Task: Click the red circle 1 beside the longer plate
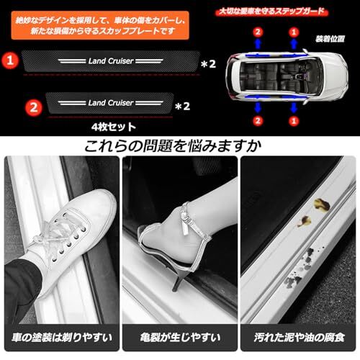pyautogui.click(x=10, y=60)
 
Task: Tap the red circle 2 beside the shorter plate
pyautogui.click(x=34, y=107)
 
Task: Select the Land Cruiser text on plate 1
pyautogui.click(x=111, y=61)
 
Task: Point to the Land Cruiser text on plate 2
pyautogui.click(x=111, y=103)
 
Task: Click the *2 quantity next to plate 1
pyautogui.click(x=208, y=64)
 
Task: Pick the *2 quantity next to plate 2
pyautogui.click(x=183, y=107)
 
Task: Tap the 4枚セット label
pyautogui.click(x=114, y=127)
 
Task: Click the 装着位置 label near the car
pyautogui.click(x=330, y=39)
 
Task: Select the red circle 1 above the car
pyautogui.click(x=294, y=32)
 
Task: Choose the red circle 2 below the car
pyautogui.click(x=258, y=121)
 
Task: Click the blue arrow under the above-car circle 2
pyautogui.click(x=258, y=45)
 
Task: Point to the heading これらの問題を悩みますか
pyautogui.click(x=173, y=146)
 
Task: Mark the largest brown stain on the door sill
pyautogui.click(x=322, y=205)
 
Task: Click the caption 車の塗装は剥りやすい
pyautogui.click(x=62, y=337)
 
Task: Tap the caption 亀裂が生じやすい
pyautogui.click(x=180, y=337)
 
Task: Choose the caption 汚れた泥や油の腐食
pyautogui.click(x=299, y=337)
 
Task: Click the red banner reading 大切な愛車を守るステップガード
pyautogui.click(x=272, y=12)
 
